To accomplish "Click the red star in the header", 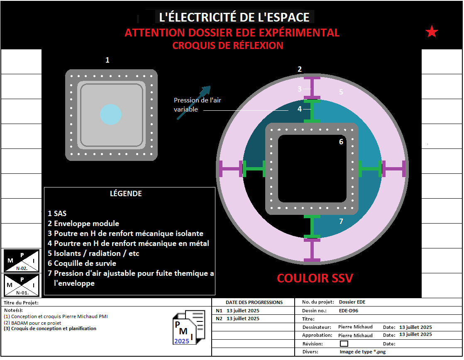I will (432, 32).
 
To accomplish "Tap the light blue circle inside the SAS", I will (110, 114).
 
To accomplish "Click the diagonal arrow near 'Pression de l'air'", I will (194, 103).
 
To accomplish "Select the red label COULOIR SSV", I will (315, 278).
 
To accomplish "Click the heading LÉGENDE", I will (126, 194).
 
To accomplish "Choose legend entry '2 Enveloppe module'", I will (83, 224).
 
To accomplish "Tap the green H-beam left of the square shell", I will (253, 168).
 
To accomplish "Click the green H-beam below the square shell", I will (312, 226).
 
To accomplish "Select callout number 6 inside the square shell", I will (341, 142).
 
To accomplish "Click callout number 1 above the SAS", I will (107, 60).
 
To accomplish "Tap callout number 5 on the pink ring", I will (341, 92).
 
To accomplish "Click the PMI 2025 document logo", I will (189, 327).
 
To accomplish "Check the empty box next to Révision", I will (344, 343).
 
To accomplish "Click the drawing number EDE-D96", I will (349, 310).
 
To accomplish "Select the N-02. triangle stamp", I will (22, 260).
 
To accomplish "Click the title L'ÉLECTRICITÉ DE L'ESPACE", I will (234, 17).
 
